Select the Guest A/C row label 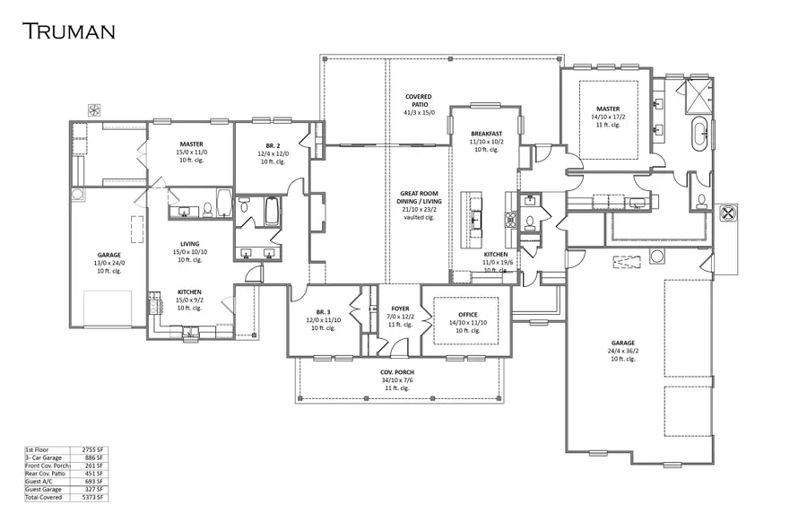(x=39, y=481)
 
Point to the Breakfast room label (x=486, y=134)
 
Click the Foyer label (x=400, y=309)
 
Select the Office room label (x=467, y=314)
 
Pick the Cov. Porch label (x=395, y=370)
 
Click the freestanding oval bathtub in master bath (x=699, y=135)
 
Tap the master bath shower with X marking (x=698, y=93)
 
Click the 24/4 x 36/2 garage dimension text (x=623, y=351)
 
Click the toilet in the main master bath (x=701, y=199)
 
